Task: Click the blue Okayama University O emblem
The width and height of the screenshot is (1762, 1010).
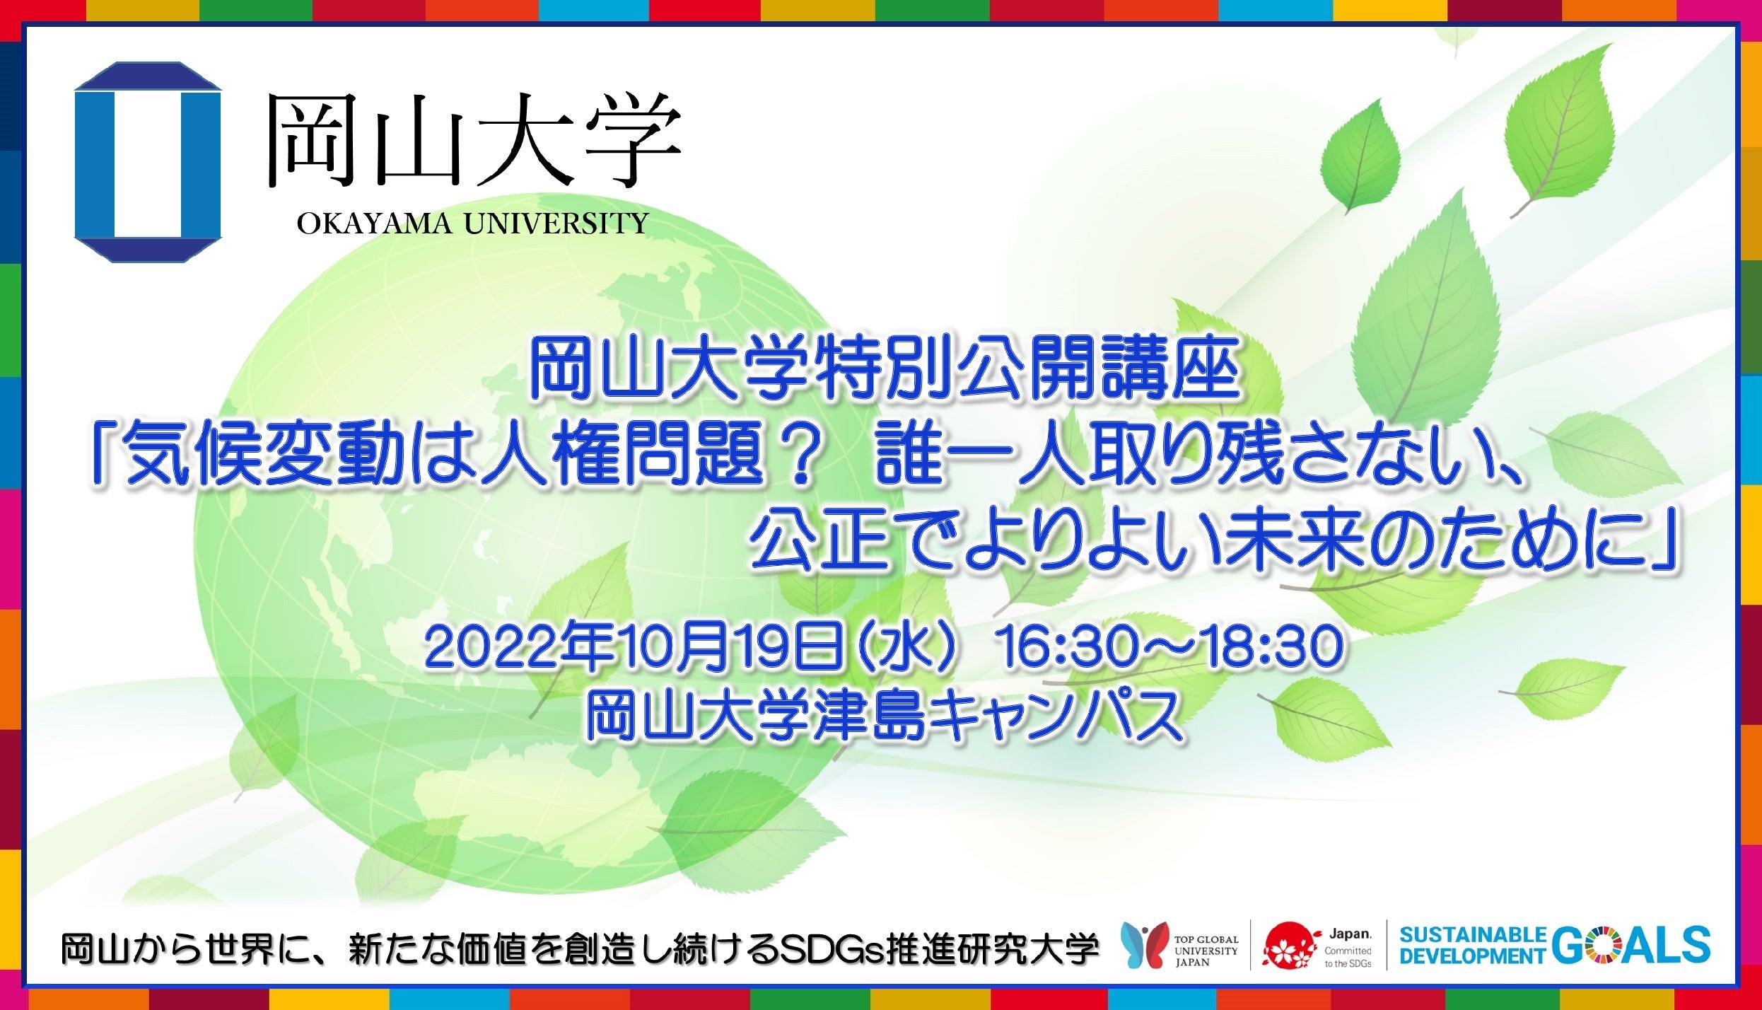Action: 148,162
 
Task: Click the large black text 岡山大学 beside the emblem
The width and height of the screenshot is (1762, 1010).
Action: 473,140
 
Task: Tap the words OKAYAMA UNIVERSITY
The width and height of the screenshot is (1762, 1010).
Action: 472,224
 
